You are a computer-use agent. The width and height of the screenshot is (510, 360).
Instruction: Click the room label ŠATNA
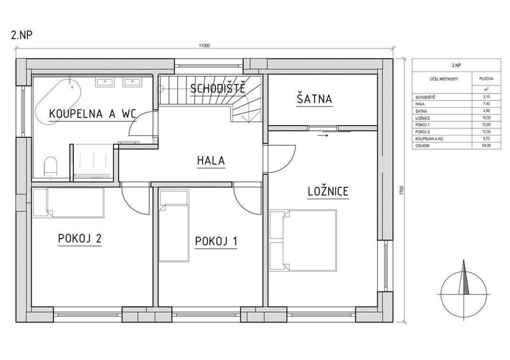[314, 99]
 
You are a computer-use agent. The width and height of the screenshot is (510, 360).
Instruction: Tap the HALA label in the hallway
[211, 161]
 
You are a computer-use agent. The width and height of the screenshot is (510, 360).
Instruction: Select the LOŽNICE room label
[328, 191]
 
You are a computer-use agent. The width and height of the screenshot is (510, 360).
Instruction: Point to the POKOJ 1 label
[216, 241]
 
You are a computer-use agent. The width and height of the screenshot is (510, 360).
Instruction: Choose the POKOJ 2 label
[80, 239]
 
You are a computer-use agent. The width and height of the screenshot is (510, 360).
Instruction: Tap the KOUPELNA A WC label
[92, 114]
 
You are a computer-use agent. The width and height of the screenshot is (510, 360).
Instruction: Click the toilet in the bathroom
[50, 166]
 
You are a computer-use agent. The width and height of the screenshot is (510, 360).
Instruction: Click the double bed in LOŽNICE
[303, 240]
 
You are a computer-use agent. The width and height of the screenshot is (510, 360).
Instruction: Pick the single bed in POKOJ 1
[174, 226]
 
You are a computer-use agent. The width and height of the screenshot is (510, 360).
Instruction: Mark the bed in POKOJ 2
[69, 203]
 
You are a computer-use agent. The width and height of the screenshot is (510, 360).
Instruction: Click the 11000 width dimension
[205, 46]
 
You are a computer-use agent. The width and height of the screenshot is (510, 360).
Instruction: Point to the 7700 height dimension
[402, 190]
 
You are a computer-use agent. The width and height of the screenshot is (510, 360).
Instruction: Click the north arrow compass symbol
[464, 283]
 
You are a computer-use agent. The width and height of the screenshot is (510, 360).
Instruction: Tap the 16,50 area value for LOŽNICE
[487, 118]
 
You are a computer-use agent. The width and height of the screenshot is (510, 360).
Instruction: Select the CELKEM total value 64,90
[487, 146]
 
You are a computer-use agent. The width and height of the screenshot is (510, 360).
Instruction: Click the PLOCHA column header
[487, 79]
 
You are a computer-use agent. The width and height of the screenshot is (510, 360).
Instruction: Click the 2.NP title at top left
[22, 35]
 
